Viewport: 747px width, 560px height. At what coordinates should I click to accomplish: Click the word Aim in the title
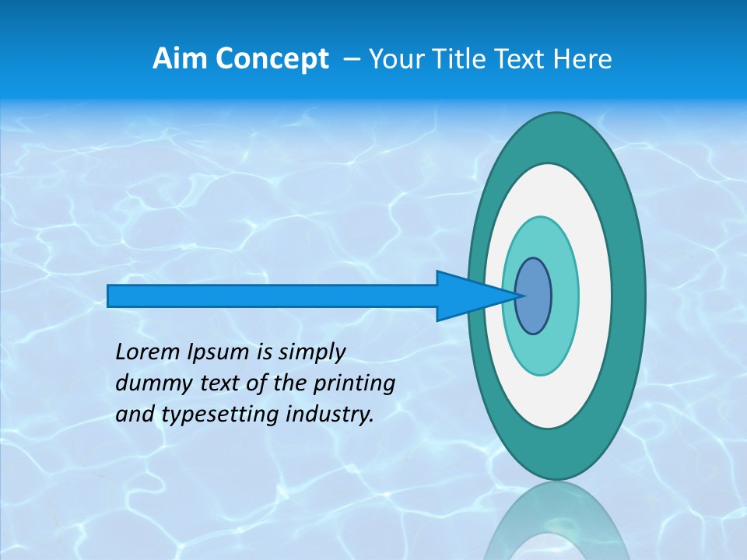[176, 59]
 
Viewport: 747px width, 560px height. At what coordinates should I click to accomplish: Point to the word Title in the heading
[461, 59]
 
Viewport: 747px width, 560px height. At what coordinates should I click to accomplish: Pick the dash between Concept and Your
[351, 60]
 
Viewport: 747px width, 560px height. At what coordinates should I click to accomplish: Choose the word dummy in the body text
[148, 383]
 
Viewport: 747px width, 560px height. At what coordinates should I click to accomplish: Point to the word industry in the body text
[330, 415]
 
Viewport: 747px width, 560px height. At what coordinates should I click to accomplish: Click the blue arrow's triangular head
[467, 296]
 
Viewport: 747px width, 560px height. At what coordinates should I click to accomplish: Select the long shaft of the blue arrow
[272, 296]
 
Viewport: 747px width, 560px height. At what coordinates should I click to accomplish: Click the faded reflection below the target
[556, 525]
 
